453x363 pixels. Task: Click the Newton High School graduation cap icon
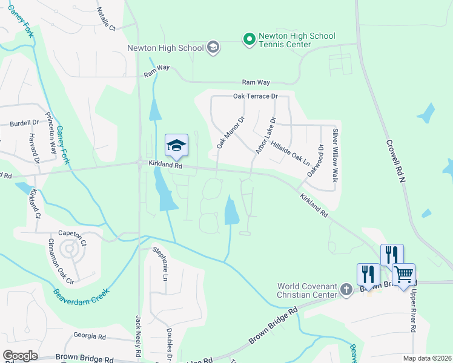[213, 47]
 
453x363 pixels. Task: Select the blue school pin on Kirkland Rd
[176, 145]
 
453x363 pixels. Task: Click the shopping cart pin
[403, 274]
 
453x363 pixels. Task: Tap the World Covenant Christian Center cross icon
[346, 290]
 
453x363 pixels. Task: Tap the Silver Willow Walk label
[334, 155]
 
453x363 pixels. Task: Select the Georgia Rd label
[89, 336]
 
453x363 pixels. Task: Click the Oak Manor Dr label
[230, 132]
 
